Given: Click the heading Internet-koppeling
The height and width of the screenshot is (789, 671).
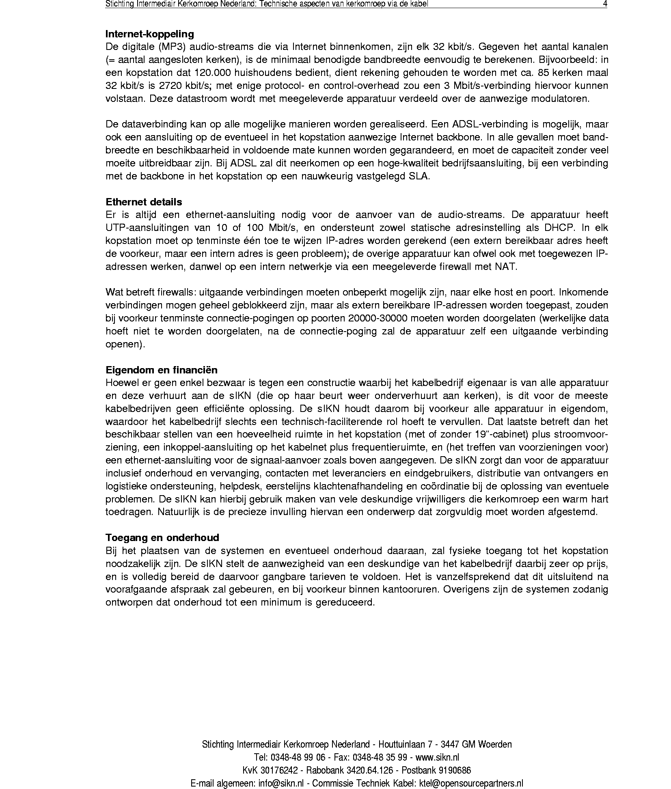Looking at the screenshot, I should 149,34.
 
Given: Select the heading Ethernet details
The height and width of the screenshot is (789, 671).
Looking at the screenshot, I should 144,202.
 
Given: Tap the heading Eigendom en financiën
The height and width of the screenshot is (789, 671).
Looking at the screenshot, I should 161,370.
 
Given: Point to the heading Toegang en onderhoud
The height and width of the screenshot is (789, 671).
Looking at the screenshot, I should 162,538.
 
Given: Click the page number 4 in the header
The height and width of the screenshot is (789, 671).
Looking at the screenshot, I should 605,4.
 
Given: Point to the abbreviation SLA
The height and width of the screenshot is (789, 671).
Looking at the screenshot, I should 419,177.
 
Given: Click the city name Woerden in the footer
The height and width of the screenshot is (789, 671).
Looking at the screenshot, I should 495,744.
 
